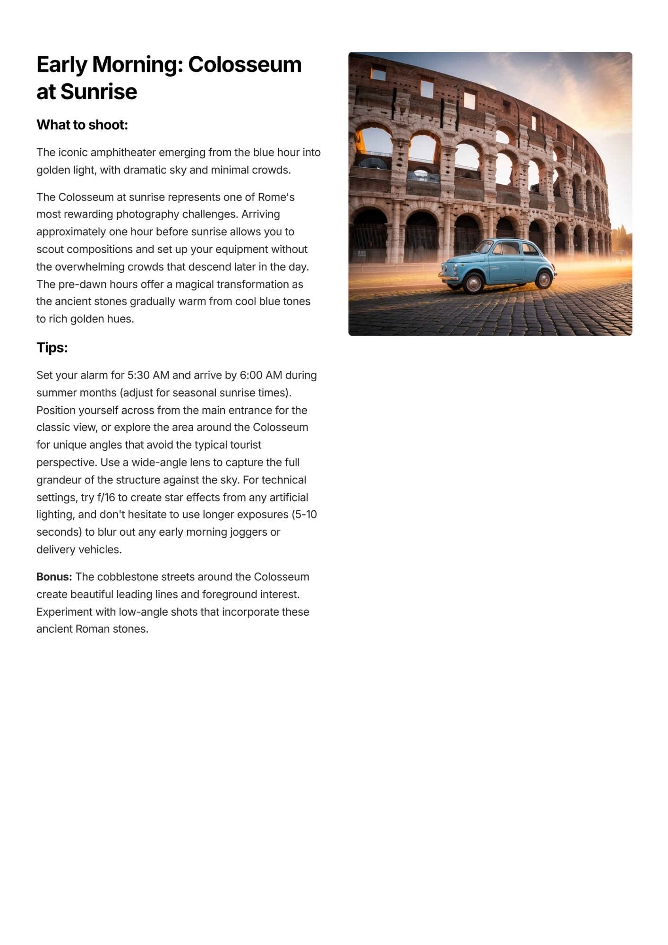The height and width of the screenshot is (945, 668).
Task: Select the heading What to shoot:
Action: click(82, 125)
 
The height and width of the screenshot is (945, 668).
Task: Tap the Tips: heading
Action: click(52, 348)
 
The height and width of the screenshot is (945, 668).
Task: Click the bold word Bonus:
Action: click(54, 577)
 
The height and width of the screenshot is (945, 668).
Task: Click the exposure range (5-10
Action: click(304, 515)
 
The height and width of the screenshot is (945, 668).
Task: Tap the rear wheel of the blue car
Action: click(544, 279)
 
